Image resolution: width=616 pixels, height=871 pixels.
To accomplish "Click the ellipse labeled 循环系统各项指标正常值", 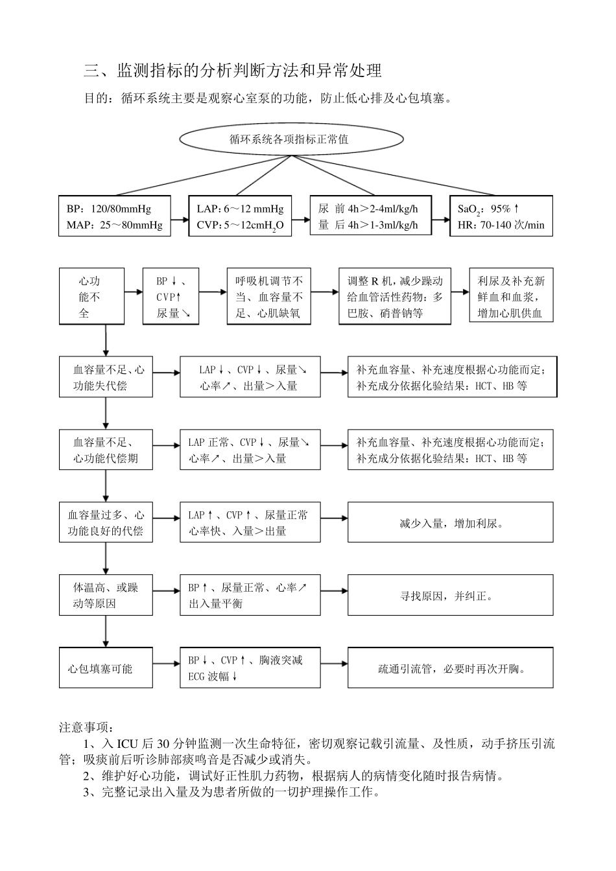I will coord(290,138).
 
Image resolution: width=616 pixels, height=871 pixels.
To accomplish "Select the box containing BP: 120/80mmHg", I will coord(115,216).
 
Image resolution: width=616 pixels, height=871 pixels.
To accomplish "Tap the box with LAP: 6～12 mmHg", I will coord(240,216).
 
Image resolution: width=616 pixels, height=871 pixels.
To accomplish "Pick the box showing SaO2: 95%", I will coord(501,216).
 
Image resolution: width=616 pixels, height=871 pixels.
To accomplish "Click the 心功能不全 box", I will coord(91,297).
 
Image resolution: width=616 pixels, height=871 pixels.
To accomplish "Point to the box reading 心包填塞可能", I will coord(106,668).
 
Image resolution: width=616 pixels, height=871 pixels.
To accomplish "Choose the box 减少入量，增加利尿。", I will coord(451,522).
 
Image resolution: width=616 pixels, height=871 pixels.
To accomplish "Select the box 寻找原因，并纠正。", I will coord(451,595).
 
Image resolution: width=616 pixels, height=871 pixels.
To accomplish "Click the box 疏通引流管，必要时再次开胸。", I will coord(451,668).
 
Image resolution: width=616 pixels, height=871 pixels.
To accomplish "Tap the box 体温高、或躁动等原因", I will coord(106,595).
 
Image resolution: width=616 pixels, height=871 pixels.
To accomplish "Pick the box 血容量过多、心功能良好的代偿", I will coord(106,522).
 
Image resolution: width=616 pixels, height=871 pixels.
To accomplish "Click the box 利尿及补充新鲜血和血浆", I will coord(511,297).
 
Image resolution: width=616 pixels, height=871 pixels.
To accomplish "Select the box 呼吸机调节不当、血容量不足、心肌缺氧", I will coord(268,297).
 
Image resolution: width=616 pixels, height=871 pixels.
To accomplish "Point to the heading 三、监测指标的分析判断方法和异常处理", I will coord(233,70).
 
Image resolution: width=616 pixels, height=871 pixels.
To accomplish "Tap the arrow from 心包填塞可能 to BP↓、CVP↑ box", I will coord(167,664).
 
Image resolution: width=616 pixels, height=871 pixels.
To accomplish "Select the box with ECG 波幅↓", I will coord(250,668).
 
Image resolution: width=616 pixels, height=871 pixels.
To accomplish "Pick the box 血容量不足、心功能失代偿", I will coord(106,377).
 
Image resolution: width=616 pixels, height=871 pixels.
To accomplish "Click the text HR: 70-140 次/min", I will coord(501,226).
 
